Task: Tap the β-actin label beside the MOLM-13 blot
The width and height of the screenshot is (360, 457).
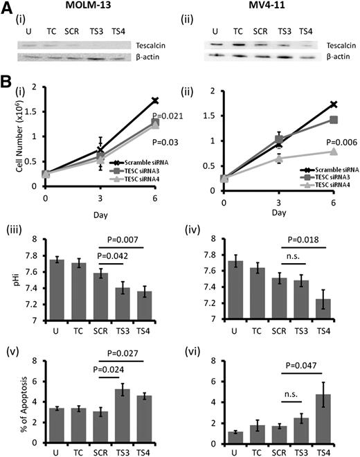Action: point(150,55)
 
